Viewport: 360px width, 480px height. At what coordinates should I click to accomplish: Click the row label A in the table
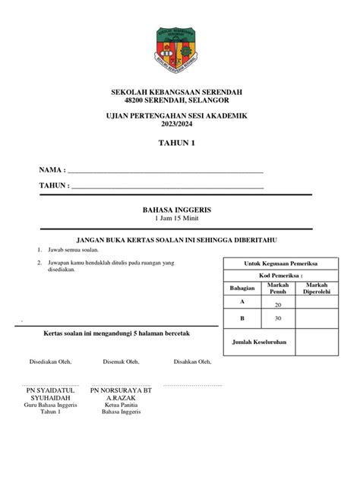coord(241,302)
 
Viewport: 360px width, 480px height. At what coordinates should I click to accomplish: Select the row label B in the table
coord(242,318)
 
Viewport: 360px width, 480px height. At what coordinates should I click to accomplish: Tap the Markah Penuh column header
coord(278,288)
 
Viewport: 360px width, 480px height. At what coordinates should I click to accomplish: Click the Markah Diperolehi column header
coord(317,288)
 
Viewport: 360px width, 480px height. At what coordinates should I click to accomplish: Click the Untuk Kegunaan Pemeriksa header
coord(280,262)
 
